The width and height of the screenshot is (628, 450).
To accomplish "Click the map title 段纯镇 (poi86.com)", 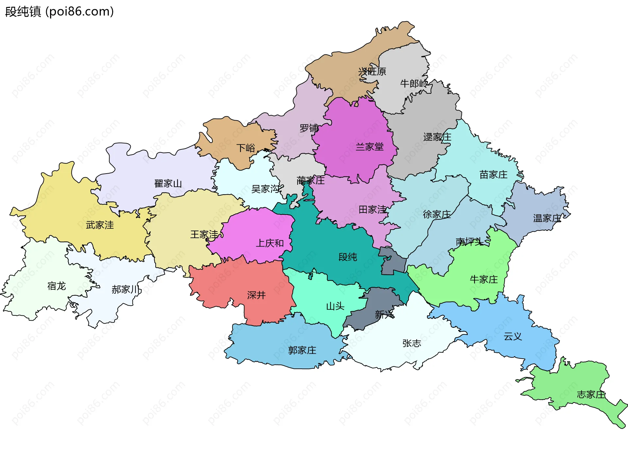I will pos(60,11).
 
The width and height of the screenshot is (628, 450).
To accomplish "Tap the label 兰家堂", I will pos(370,147).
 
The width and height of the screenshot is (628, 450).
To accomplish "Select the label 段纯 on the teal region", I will pos(347,257).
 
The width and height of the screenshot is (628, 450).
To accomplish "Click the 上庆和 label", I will pos(270,243).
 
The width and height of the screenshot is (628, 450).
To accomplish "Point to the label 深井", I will pos(256,295).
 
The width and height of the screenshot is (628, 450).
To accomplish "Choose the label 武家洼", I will pos(100,225).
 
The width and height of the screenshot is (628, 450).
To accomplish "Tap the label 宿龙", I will pos(57,286).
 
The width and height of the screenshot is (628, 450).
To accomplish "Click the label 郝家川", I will pos(126,290).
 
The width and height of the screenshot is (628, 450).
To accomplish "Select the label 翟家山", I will pos(168,184).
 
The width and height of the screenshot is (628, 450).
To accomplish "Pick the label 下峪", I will pos(246,148).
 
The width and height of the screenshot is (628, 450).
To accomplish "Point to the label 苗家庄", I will pos(493,175).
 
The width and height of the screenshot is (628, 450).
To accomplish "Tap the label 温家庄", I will pos(547,218).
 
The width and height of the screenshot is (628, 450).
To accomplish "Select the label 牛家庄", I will pos(484,280).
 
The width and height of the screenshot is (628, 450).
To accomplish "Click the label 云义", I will pos(513,337).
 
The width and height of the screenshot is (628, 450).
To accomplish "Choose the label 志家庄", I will pos(591,395).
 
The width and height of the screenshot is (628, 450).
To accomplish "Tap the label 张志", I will pos(411,344).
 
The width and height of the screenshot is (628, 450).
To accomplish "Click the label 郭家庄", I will pos(302,350).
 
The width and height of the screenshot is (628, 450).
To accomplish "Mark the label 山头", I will pos(335,307).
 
